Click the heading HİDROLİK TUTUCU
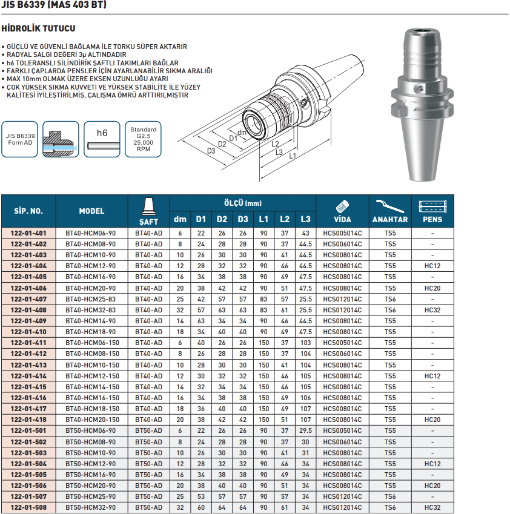(x=38, y=28)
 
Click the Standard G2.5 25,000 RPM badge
(x=143, y=140)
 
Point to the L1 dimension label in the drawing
(x=293, y=156)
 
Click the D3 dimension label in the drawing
(x=211, y=151)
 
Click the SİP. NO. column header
(x=28, y=211)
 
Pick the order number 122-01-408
(x=28, y=310)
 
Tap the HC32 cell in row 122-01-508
(x=432, y=507)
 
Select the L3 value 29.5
(x=305, y=430)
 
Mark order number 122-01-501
(x=28, y=430)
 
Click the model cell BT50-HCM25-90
(x=91, y=496)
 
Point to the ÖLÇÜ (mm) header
(x=242, y=203)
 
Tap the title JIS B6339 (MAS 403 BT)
(x=55, y=5)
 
